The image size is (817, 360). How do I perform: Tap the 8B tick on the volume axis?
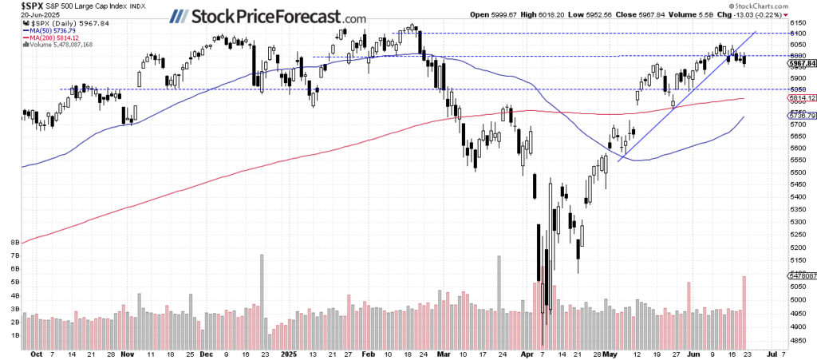click(x=14, y=240)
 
